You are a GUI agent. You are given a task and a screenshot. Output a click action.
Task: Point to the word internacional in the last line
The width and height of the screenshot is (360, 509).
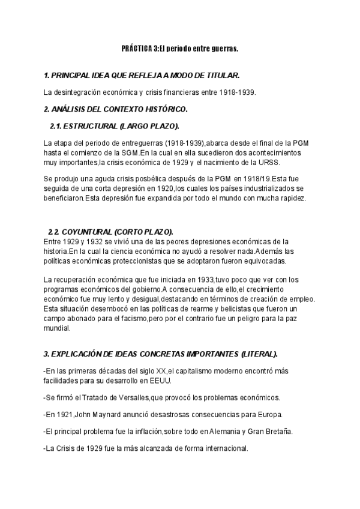(224, 448)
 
